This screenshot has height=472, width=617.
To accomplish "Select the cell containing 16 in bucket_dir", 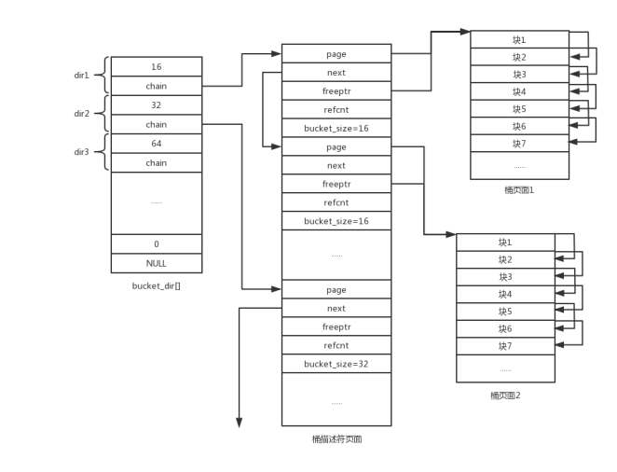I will [x=156, y=67].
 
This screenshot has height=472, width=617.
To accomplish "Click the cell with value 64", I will [x=156, y=144].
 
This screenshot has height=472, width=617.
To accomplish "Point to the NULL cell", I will [x=156, y=263].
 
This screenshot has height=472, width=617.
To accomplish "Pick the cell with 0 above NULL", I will [x=156, y=243].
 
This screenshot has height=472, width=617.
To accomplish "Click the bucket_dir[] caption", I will [x=156, y=285].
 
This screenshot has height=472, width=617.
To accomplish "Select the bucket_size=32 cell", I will [x=336, y=363].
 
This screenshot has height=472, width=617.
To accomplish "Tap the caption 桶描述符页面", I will [x=336, y=438].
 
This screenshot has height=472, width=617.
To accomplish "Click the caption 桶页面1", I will [x=519, y=189].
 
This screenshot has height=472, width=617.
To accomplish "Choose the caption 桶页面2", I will [x=505, y=395].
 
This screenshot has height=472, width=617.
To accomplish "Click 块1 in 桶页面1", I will [x=519, y=39].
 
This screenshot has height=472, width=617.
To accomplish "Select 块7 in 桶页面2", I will [x=505, y=346].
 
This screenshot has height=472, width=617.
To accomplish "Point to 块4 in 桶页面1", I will [x=519, y=91].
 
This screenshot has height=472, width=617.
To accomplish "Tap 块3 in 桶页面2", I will [x=505, y=277].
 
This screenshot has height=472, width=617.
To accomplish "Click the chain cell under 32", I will [x=156, y=124].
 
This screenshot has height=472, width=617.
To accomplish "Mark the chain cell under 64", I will [x=156, y=163].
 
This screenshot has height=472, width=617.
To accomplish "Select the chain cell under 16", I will [x=156, y=86].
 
